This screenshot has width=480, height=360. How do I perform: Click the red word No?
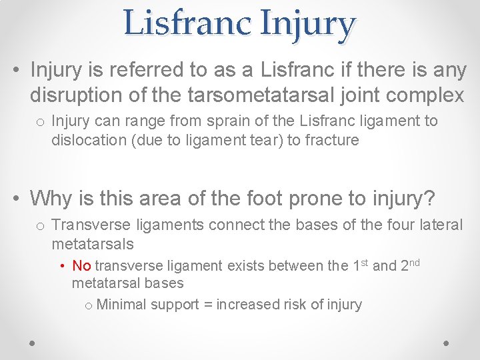pyautogui.click(x=81, y=266)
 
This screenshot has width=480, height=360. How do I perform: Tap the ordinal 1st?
pyautogui.click(x=360, y=265)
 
